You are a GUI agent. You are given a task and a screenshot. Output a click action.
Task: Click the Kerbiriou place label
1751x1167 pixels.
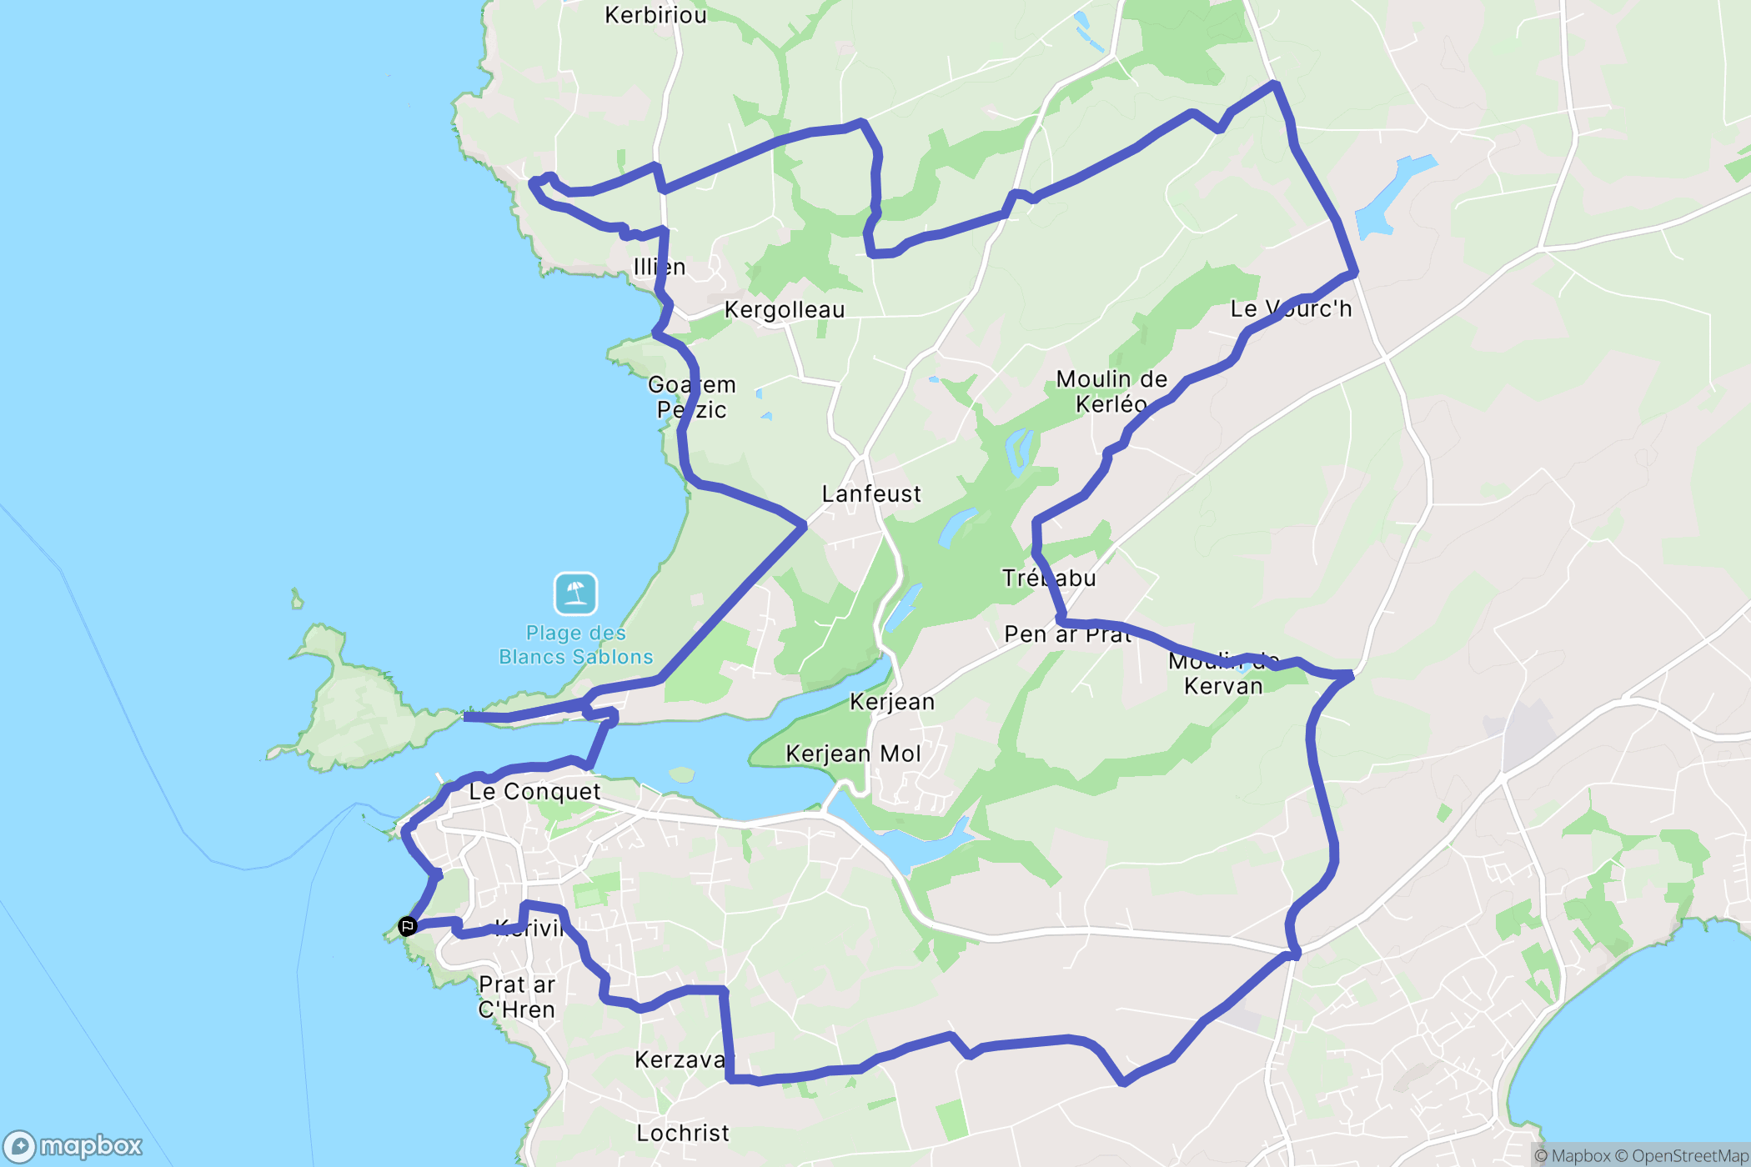(655, 15)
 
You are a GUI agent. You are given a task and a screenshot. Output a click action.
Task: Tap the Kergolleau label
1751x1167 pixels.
(785, 310)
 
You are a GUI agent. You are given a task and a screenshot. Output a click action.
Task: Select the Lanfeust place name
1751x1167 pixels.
(871, 494)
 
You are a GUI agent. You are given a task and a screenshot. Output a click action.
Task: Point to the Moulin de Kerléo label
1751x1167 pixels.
(1111, 392)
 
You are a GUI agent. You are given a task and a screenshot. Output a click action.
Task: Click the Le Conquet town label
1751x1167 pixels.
(534, 792)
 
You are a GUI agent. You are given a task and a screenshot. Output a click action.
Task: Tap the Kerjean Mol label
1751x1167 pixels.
(853, 754)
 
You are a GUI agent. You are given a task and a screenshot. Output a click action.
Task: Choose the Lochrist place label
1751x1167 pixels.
(683, 1134)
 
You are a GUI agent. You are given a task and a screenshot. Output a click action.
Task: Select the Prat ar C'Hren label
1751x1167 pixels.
(517, 997)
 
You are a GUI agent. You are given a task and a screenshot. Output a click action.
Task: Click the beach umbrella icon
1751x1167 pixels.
(575, 593)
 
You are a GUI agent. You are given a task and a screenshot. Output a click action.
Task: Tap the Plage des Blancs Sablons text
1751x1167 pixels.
(575, 645)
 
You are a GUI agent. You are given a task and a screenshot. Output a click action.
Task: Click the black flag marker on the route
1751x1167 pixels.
(407, 926)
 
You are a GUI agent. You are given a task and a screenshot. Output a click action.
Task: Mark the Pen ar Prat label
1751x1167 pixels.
(1067, 635)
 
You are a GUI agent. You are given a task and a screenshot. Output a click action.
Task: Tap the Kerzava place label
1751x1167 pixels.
(680, 1060)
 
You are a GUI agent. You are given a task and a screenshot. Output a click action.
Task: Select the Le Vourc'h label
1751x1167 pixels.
(1291, 309)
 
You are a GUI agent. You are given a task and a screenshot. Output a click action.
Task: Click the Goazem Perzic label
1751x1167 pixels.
(692, 398)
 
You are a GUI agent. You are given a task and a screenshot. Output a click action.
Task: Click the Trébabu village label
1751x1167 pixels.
(1049, 578)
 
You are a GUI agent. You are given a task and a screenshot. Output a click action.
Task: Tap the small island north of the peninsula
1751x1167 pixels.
(297, 599)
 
